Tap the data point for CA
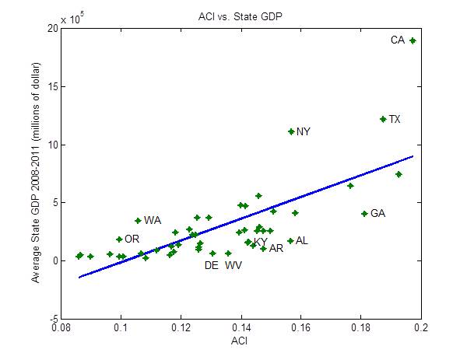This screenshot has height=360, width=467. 413,40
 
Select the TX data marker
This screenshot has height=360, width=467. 383,119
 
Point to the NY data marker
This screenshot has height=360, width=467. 291,131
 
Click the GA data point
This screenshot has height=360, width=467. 364,213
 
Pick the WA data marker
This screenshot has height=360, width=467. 138,221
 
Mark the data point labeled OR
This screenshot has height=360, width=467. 119,239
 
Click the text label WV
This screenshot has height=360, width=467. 233,266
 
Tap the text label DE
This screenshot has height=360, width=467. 211,266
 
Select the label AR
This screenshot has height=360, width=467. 276,249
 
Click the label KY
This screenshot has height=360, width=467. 261,242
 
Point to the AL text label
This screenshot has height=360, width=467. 302,241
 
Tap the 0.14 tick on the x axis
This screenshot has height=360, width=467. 241,329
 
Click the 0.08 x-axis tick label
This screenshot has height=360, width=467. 61,329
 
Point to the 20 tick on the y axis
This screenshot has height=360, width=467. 51,28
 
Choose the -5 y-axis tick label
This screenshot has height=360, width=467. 51,319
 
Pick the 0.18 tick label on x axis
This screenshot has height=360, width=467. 361,329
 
